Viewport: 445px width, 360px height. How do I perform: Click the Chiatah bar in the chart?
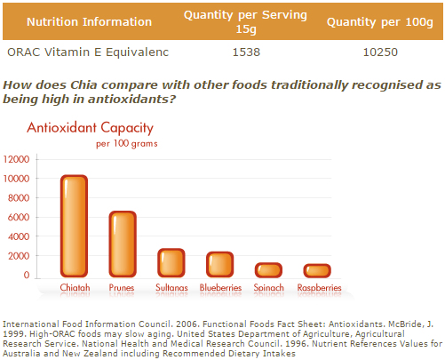point(74,226)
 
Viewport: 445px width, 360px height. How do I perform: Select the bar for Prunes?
point(123,244)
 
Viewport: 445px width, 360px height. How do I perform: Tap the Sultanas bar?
point(171,263)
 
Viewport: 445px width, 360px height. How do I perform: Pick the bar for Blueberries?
point(219,264)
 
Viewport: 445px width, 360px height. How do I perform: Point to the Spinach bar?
point(268,270)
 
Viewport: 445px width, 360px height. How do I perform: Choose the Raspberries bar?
point(317,270)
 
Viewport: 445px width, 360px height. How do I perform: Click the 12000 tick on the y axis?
point(16,159)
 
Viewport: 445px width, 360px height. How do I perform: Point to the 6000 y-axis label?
point(19,217)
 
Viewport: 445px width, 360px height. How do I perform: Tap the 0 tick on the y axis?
point(27,275)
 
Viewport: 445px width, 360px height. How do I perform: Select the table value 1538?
point(246,52)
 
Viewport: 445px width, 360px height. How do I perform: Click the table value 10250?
point(380,52)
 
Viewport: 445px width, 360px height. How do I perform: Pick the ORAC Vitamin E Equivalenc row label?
point(88,52)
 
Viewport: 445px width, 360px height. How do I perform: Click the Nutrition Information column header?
point(89,22)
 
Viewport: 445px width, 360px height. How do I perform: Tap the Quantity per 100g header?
point(380,22)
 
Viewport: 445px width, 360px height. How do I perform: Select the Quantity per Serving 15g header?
point(245,22)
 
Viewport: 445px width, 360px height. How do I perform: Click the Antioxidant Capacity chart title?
point(90,128)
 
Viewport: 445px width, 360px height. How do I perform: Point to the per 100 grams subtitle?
point(127,144)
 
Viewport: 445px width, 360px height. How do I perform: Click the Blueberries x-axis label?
point(220,287)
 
